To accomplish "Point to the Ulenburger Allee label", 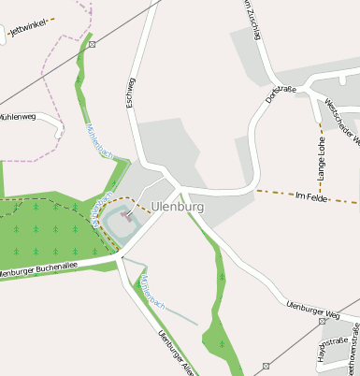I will click(x=176, y=353).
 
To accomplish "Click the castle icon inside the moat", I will click(x=127, y=216).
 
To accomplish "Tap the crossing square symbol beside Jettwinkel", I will click(x=91, y=44).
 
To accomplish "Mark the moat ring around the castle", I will click(x=110, y=225).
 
